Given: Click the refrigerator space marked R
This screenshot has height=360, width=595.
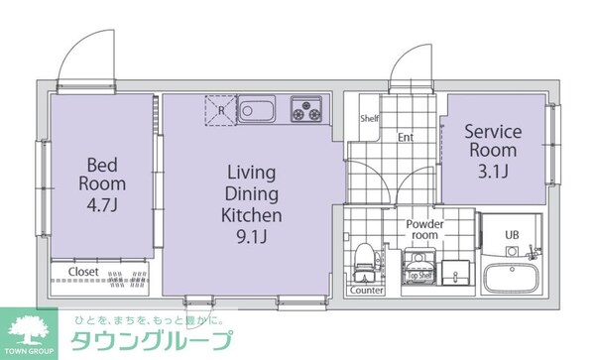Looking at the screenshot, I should pos(218,108).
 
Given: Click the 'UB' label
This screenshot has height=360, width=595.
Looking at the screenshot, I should pos(512,235).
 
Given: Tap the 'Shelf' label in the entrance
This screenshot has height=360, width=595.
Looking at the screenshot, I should pos(369,119).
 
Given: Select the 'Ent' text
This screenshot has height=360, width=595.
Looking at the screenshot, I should pos(406,138).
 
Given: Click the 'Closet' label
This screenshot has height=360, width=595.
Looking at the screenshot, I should pos(83,272).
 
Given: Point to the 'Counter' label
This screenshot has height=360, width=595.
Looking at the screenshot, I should pos(367,291).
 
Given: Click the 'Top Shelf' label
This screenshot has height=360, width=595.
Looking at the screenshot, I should pos(416,291).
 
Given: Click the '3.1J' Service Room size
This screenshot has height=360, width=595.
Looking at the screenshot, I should pos(492,172).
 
